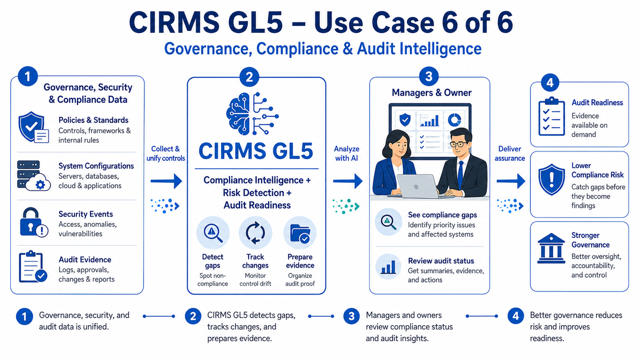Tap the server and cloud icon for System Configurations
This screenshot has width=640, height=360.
click(34, 176)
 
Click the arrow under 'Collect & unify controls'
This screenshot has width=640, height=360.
click(166, 181)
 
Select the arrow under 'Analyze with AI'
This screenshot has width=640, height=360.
click(348, 181)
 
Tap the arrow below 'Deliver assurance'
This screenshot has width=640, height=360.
click(511, 181)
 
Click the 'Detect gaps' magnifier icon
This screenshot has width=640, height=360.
click(213, 233)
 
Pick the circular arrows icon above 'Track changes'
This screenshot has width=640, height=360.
click(256, 233)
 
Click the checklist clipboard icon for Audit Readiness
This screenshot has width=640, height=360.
click(552, 116)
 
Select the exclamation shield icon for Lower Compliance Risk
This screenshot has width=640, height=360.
click(552, 180)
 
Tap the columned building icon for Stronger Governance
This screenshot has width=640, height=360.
click(551, 248)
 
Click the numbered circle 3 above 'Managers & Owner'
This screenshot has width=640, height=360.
click(428, 76)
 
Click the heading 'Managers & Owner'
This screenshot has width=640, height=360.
click(432, 92)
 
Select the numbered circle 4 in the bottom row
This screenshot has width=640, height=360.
click(516, 316)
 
